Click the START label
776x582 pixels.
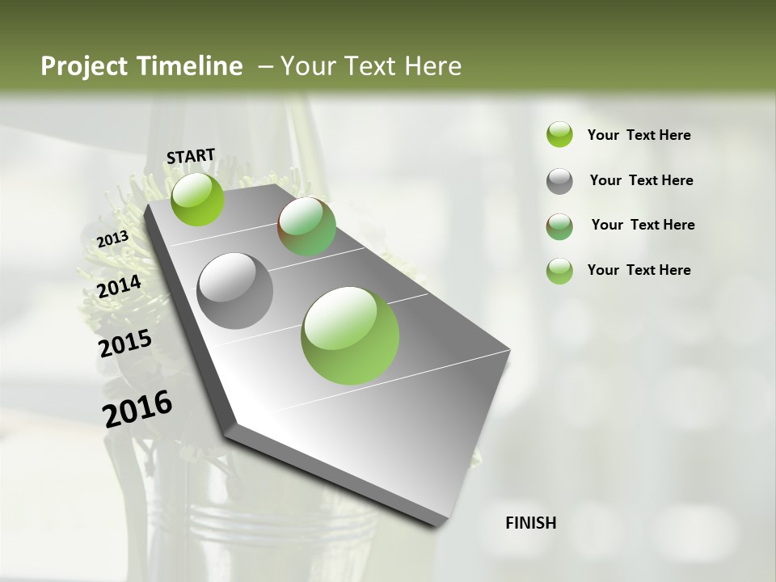pos(191,156)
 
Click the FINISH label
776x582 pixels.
pos(530,523)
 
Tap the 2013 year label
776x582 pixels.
pos(112,239)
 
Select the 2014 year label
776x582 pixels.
pos(119,287)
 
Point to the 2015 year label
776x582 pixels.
pos(125,344)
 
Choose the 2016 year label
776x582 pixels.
pos(137,409)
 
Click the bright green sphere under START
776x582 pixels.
pos(197,199)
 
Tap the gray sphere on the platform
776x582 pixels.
pos(235,291)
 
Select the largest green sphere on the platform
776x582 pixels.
pos(350,335)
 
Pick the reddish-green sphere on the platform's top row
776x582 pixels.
pos(306,226)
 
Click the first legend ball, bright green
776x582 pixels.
pos(559,134)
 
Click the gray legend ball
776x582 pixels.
pos(559,181)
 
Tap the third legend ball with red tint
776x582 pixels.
pos(559,226)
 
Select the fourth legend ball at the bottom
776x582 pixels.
pos(559,271)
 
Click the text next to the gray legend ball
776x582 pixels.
pos(641,180)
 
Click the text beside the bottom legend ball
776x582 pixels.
pos(639,270)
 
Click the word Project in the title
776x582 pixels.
pos(82,66)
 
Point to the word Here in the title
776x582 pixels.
pos(432,66)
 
